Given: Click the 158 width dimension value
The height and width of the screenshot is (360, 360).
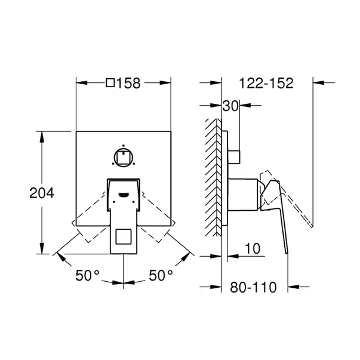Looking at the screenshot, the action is [128, 83].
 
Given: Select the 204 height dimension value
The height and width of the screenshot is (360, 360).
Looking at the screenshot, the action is [42, 193].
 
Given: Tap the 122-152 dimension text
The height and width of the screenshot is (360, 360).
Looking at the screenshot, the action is [266, 83].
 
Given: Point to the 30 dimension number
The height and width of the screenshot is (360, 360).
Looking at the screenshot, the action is [230, 106].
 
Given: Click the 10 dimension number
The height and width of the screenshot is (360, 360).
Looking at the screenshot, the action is [253, 248].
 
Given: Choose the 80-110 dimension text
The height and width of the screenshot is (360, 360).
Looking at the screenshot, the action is [253, 287].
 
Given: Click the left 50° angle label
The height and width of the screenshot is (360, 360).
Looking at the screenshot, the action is [88, 275].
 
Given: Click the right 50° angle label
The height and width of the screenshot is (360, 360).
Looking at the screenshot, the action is [161, 275].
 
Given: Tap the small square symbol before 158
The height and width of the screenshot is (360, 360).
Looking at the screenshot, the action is [110, 83].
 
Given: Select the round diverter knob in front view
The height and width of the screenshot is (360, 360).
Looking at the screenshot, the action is [124, 158].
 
